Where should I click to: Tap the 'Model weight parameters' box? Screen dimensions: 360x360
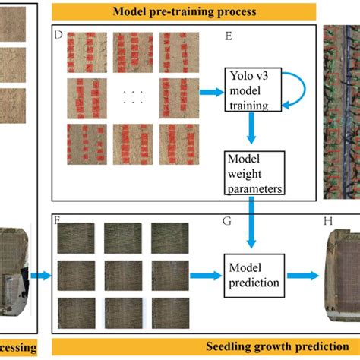pos(254,171)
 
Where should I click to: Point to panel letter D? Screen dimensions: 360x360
pos(58,35)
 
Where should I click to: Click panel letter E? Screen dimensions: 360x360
pos(229,35)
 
